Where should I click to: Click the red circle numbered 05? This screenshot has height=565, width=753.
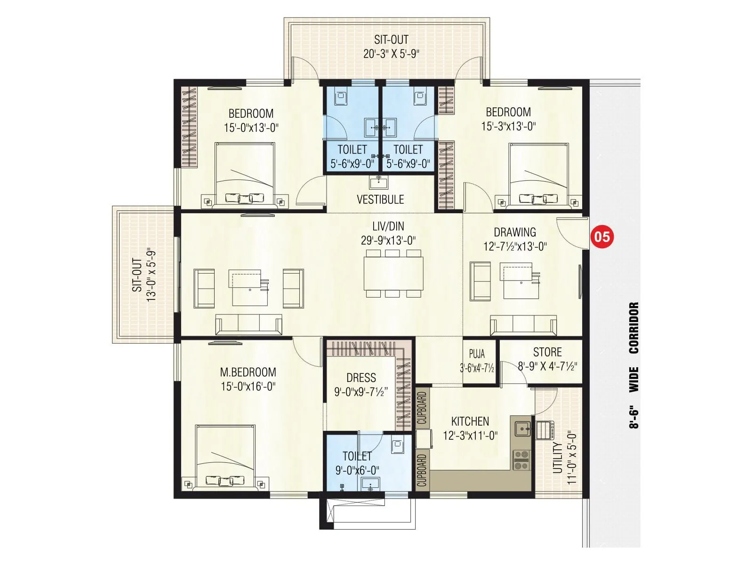click(x=602, y=236)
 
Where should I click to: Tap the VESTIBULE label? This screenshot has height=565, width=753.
click(x=380, y=199)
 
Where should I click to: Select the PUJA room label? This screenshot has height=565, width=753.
click(x=477, y=354)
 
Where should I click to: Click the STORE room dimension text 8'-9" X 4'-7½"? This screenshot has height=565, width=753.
click(x=547, y=366)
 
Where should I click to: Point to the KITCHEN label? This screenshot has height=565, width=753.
click(x=470, y=421)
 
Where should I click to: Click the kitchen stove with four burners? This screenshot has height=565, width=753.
click(x=521, y=460)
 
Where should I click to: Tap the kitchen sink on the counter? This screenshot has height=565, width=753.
click(x=522, y=429)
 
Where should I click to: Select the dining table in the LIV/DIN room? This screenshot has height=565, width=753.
click(x=393, y=273)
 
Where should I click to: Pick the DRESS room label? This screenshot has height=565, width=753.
click(x=361, y=378)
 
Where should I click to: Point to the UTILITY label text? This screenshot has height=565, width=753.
click(x=557, y=458)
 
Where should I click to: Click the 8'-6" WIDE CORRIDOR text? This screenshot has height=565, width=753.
click(x=634, y=365)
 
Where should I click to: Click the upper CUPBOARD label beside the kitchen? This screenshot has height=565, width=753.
click(x=422, y=408)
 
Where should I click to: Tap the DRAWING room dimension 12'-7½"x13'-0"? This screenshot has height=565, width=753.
click(x=515, y=246)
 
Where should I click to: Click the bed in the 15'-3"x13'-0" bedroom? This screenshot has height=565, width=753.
click(x=538, y=176)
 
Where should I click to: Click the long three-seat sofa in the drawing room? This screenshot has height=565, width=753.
click(x=523, y=325)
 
